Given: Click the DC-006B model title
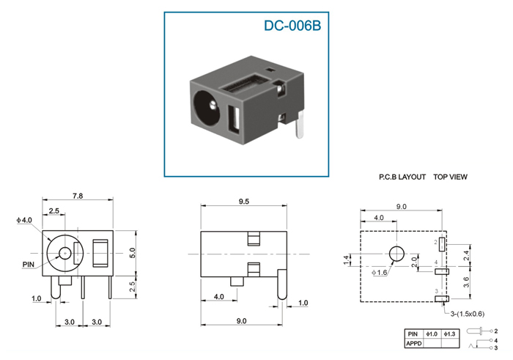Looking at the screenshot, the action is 292,26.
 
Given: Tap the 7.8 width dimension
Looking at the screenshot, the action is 78,196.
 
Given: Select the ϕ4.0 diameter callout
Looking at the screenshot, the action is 24,220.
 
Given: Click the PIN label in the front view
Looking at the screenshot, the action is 29,264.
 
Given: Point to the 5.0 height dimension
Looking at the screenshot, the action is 132,253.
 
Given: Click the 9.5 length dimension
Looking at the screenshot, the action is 244,202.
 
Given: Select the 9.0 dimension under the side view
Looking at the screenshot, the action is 241,321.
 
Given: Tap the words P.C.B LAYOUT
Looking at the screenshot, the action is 402,177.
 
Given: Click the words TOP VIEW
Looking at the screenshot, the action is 450,177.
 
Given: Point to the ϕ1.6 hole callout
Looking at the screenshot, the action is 379,273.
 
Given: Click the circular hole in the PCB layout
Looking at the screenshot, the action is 396,254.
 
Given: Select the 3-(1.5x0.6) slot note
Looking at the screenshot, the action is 468,314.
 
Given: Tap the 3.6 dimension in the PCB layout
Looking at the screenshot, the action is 466,282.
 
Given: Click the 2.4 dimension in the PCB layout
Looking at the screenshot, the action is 466,255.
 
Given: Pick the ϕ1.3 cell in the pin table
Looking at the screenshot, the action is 450,334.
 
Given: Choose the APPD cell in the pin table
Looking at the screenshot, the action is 414,343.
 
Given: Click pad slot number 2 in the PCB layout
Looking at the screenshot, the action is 442,244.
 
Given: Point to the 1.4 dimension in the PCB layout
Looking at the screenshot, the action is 347,260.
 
